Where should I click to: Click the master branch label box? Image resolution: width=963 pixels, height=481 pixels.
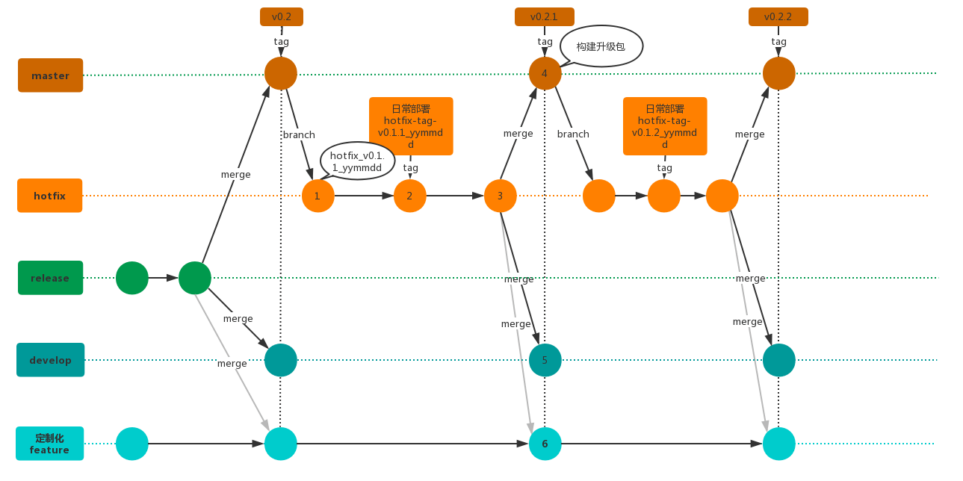click(x=50, y=75)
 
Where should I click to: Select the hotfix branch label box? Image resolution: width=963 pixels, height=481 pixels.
click(x=49, y=196)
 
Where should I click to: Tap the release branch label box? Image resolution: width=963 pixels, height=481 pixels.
click(x=50, y=278)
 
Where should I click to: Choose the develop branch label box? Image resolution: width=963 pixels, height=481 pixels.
click(x=50, y=360)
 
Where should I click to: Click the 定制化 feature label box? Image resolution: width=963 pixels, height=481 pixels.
click(x=49, y=444)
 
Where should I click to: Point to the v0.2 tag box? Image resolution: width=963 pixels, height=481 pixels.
click(x=282, y=16)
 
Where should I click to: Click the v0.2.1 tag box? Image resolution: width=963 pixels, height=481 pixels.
click(x=545, y=16)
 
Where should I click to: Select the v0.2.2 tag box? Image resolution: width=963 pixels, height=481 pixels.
click(x=778, y=16)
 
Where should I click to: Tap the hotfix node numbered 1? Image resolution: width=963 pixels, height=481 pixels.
click(x=318, y=196)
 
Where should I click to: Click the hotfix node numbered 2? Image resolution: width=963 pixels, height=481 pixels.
click(x=410, y=196)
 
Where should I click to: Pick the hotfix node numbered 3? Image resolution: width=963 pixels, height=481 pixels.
click(x=501, y=196)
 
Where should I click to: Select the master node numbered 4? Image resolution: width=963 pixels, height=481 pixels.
click(x=545, y=73)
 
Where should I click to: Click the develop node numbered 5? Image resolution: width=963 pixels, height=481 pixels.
click(x=545, y=360)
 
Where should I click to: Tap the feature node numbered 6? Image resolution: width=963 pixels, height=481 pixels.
click(x=545, y=444)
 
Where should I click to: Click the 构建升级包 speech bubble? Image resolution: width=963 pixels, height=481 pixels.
click(x=601, y=46)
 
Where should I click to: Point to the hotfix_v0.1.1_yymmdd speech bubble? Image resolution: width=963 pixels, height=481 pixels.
click(x=358, y=161)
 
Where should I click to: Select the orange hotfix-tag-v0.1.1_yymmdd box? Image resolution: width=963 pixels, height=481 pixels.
click(x=411, y=126)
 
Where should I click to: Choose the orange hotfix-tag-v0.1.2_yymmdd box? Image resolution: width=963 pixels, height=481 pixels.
click(x=665, y=126)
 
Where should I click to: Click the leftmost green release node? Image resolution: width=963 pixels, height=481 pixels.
click(x=132, y=278)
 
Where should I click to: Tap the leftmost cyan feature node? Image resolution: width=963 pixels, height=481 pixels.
click(x=132, y=444)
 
